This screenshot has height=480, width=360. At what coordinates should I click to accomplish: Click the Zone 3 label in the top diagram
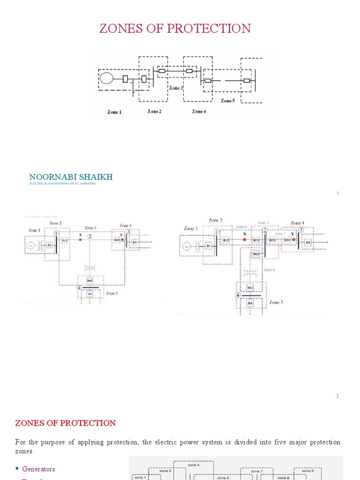click(x=176, y=88)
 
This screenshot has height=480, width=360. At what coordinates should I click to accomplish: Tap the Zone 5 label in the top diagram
click(x=228, y=101)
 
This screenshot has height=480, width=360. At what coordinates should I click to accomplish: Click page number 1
click(x=337, y=194)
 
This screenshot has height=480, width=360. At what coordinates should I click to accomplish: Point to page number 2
click(x=337, y=397)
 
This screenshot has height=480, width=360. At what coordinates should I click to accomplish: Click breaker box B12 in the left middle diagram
click(x=64, y=240)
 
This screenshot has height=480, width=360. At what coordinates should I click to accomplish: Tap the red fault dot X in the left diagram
click(x=80, y=240)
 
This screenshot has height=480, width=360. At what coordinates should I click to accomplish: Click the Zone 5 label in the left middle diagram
click(x=112, y=293)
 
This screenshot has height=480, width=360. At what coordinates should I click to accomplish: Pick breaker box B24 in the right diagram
click(x=256, y=254)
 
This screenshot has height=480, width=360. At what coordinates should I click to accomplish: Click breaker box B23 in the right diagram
click(x=272, y=240)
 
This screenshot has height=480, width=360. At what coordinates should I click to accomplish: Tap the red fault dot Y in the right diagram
click(x=293, y=240)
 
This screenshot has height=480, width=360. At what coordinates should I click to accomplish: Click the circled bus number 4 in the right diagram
click(x=238, y=295)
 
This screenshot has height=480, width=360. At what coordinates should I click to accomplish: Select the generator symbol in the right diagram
click(x=187, y=245)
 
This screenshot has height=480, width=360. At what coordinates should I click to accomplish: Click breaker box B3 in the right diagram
click(x=308, y=242)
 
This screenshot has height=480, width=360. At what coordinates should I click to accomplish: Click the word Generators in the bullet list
click(x=38, y=469)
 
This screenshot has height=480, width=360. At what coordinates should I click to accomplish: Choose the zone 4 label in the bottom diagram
click(x=193, y=465)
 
